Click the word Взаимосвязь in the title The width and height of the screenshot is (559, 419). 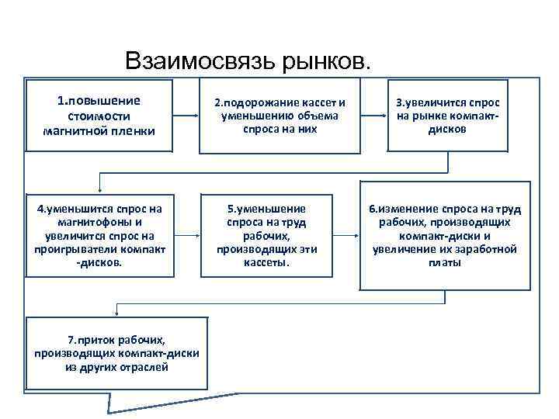(200, 61)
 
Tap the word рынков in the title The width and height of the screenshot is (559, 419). (328, 61)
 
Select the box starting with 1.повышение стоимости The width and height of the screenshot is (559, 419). (99, 115)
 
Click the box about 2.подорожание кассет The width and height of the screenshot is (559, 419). (280, 116)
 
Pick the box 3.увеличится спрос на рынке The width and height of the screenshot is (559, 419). (447, 116)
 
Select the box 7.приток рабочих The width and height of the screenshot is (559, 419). (117, 352)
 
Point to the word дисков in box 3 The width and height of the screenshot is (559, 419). (447, 130)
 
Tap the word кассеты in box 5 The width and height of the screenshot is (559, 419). (266, 263)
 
